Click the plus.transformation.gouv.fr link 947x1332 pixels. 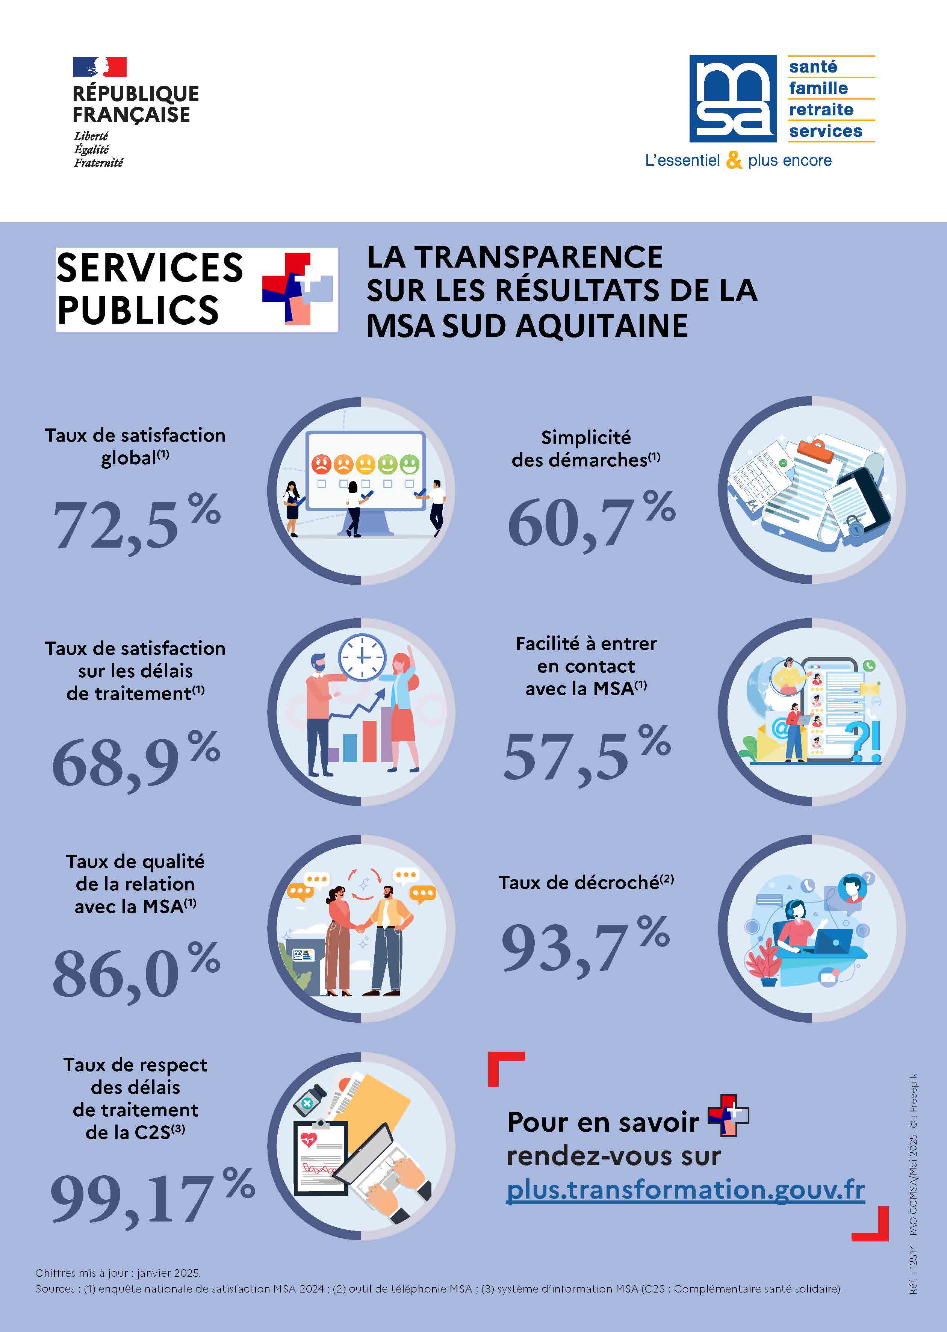(x=685, y=1190)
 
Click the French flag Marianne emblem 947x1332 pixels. (x=100, y=67)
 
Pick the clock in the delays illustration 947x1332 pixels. (x=362, y=657)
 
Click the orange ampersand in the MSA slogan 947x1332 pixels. (x=734, y=160)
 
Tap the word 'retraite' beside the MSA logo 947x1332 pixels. (x=821, y=110)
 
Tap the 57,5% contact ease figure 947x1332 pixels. (x=586, y=755)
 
